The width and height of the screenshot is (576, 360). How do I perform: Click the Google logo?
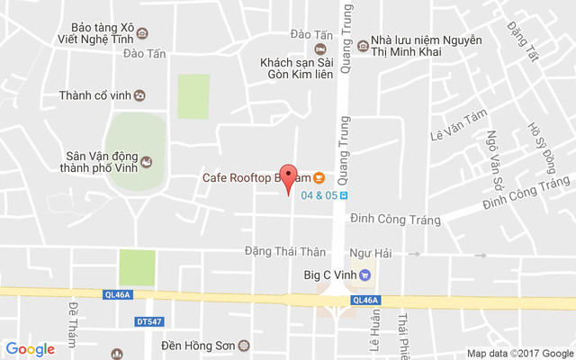(31, 349)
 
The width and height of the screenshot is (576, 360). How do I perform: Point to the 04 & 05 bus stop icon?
(344, 194)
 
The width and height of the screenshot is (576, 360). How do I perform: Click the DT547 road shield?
(148, 320)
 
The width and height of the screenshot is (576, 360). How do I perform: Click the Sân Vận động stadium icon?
(148, 162)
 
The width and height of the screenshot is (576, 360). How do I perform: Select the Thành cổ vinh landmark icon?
(141, 95)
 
